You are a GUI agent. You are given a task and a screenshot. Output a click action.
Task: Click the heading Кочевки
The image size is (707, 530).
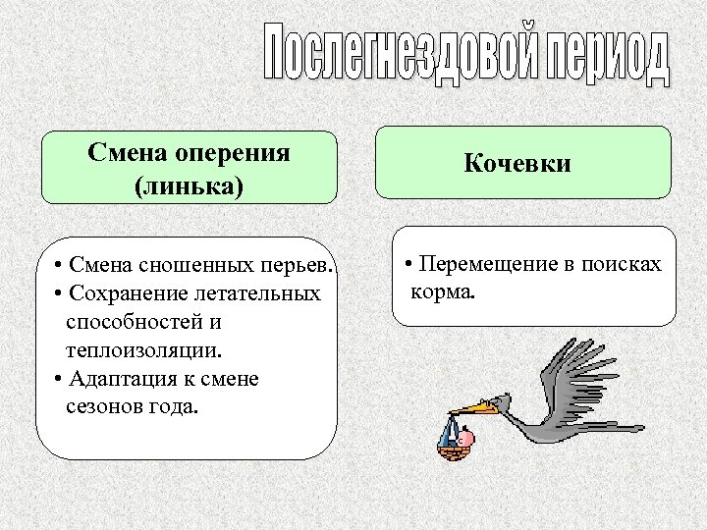coord(517,163)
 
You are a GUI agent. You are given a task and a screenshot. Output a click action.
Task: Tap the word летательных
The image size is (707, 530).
coord(267,294)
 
